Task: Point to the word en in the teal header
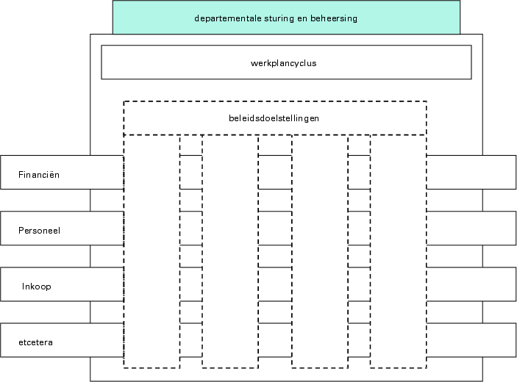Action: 301,18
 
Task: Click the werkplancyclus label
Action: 283,63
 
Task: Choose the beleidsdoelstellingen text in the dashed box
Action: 274,118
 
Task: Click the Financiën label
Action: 39,175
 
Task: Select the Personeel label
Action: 39,230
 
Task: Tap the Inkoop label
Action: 37,286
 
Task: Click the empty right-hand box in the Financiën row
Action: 471,172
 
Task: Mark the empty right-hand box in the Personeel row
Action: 471,228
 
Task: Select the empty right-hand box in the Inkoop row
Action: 471,284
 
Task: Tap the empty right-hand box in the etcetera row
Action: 471,340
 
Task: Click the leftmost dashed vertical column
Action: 151,250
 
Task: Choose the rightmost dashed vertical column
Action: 398,250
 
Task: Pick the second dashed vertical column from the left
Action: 230,250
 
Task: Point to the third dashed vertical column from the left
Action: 320,250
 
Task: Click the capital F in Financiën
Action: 21,175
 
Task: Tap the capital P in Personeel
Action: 21,230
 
